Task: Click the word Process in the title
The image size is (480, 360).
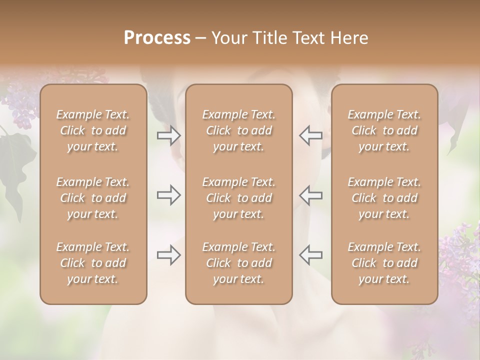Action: coord(157,38)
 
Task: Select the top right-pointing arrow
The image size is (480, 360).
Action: coord(169,135)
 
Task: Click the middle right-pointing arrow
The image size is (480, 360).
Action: coord(169,195)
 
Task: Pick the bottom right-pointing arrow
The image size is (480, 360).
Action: coord(169,255)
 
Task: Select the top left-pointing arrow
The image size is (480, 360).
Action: coord(310,135)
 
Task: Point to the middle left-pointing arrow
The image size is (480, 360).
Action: coord(310,195)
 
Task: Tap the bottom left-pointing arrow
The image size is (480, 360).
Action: coord(310,255)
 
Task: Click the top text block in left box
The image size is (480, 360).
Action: coord(93,130)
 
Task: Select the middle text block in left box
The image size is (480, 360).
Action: coord(93,198)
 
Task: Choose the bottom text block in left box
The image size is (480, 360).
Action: coord(93,263)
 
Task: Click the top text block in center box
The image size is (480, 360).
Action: coord(238,130)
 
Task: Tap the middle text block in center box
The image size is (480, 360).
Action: coord(238,198)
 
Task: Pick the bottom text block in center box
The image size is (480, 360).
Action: coord(238,263)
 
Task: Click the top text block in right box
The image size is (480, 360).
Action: coord(384,130)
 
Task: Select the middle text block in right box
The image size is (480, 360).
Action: coord(384,198)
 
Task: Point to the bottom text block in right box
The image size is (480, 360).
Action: coord(384,263)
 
